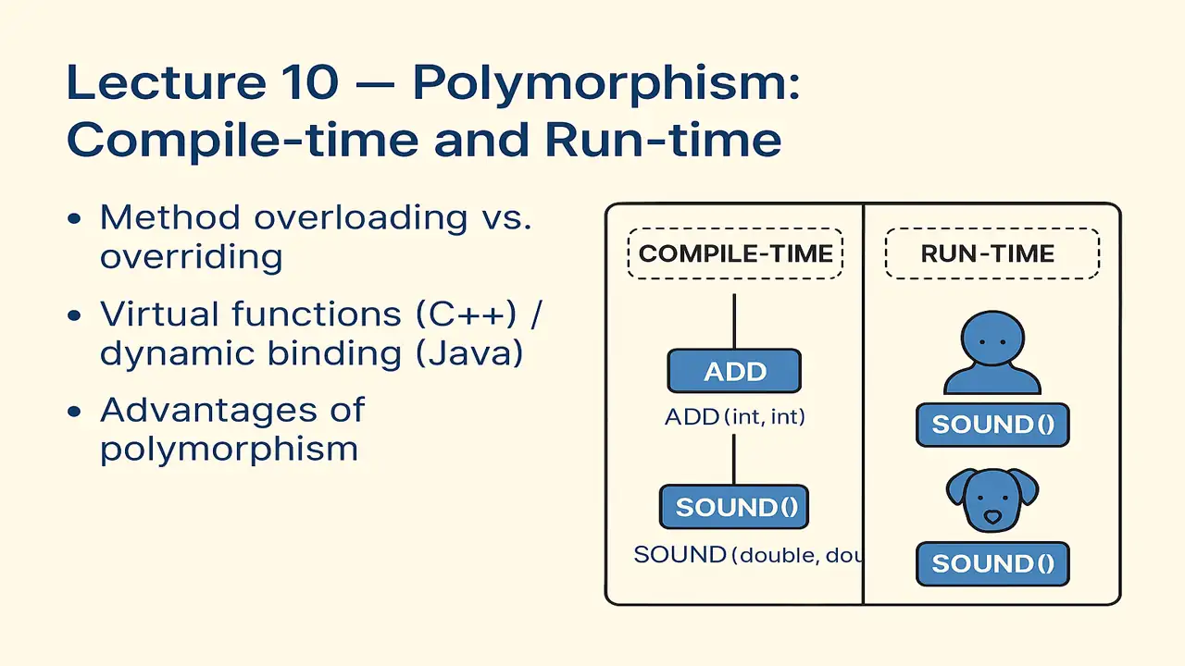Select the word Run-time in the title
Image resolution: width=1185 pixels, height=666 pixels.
tap(663, 141)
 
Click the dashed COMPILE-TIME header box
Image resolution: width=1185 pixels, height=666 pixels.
tap(735, 253)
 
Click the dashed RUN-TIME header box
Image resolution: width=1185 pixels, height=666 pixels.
tap(992, 253)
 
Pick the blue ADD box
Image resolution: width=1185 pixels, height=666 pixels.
tap(734, 371)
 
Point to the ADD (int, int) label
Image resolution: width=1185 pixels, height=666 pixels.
tap(735, 417)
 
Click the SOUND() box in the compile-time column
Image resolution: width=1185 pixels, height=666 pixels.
tap(734, 507)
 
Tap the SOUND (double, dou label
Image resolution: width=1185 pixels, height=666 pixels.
tap(748, 555)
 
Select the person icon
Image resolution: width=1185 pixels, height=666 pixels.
tap(992, 354)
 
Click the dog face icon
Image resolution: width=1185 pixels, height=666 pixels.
tap(992, 500)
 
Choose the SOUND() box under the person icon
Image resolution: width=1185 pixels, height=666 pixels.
tap(992, 425)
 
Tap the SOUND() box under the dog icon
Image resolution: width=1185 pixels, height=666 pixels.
tap(992, 563)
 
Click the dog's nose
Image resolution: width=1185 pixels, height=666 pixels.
tap(992, 515)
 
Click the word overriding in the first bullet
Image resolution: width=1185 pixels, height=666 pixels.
tap(191, 256)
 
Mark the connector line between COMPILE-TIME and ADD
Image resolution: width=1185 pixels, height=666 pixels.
tap(734, 321)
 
